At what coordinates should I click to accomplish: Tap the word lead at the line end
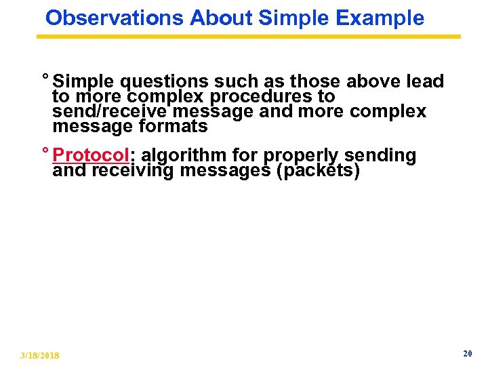pyautogui.click(x=424, y=82)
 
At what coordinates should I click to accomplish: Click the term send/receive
pyautogui.click(x=105, y=111)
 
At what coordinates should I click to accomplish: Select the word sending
pyautogui.click(x=380, y=156)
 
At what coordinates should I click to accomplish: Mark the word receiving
pyautogui.click(x=133, y=171)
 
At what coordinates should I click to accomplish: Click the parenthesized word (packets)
pyautogui.click(x=318, y=171)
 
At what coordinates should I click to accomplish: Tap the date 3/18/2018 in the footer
pyautogui.click(x=40, y=355)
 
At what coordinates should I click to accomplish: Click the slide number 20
pyautogui.click(x=467, y=354)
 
